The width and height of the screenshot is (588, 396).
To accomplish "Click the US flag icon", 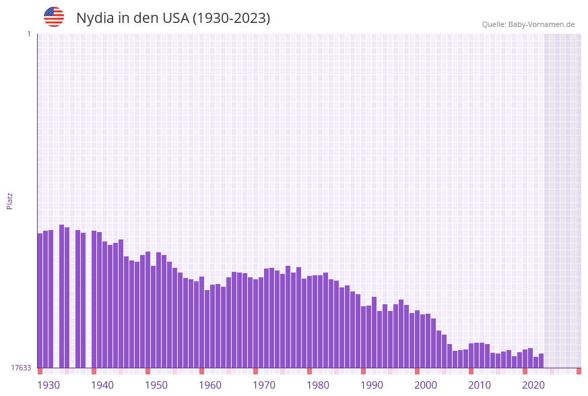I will [x=54, y=17].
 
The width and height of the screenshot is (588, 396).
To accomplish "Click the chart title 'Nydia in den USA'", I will [x=173, y=18].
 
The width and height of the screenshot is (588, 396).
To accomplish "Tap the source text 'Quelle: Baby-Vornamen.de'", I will [x=528, y=24].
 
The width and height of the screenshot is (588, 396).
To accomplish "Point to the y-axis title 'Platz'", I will [x=10, y=200].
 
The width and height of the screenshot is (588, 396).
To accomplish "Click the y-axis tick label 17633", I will [x=21, y=368].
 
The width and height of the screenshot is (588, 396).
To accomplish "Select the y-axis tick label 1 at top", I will [x=28, y=34].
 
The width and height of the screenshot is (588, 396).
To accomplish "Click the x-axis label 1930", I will [x=48, y=385].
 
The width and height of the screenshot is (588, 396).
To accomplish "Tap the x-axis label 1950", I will [x=156, y=385].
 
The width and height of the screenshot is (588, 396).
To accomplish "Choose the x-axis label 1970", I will [x=264, y=385].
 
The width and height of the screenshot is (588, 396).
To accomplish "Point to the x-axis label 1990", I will [x=372, y=385].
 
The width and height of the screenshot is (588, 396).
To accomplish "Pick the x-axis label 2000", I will [x=426, y=385].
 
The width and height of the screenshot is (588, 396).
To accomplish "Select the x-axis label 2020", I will [x=533, y=385].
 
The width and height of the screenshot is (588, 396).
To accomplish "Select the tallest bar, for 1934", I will [x=61, y=296].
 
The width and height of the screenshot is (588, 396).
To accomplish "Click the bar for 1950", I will [x=148, y=310].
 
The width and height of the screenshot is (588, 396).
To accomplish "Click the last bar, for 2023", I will [x=541, y=360].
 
